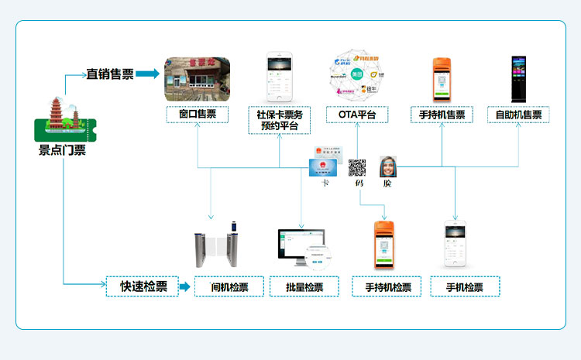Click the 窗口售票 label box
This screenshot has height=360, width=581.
197,115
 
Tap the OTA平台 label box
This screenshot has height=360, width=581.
357,115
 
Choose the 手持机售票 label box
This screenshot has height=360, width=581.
442,115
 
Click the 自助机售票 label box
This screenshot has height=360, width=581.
518,115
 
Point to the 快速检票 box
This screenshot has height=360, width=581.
143,286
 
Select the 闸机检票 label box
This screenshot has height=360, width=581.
229,286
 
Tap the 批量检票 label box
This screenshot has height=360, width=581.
304,286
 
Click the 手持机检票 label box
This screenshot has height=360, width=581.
387,286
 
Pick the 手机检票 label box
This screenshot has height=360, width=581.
465,286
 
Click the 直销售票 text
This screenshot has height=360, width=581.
109,74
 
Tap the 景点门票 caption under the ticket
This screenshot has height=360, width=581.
62,150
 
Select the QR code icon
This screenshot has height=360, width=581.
357,167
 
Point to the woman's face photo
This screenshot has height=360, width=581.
388,166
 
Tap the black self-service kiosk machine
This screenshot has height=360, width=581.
518,78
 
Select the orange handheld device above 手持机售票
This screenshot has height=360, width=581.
442,79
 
